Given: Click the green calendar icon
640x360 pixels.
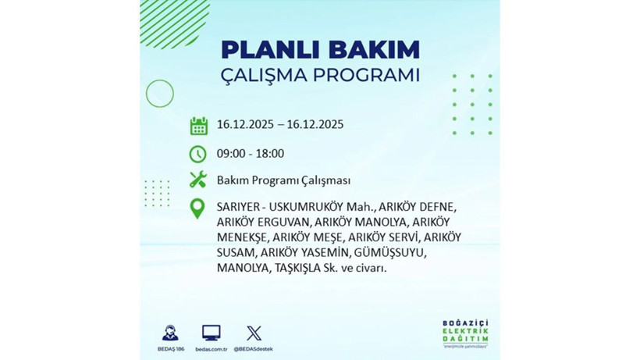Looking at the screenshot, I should [x=198, y=125].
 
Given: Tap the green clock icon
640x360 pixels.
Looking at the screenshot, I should [x=198, y=153].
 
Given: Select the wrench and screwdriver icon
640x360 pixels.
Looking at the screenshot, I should [x=198, y=180].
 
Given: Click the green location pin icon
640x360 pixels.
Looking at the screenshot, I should [x=198, y=208].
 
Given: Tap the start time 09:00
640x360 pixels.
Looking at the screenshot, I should [x=232, y=153].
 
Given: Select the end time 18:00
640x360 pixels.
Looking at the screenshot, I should [x=269, y=153].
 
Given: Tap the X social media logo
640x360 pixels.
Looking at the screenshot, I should [x=254, y=333].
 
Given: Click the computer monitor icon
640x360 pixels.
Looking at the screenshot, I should [x=211, y=333].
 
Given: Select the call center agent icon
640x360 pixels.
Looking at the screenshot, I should [x=169, y=333].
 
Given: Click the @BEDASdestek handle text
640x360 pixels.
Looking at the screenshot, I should [x=254, y=349].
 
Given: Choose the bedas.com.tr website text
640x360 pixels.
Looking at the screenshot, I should [x=211, y=349].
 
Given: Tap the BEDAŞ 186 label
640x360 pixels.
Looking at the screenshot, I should [x=169, y=349].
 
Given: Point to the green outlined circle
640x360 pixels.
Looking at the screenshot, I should [x=160, y=94].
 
